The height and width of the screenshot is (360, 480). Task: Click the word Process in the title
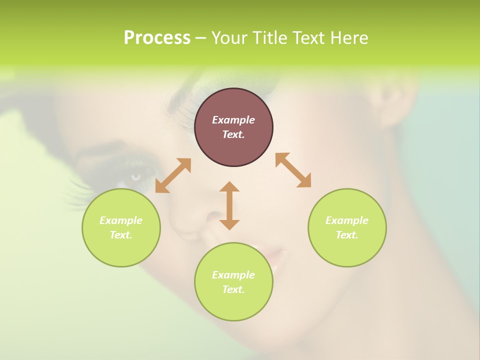[x=157, y=38]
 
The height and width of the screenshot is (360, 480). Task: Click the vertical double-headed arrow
[x=229, y=205]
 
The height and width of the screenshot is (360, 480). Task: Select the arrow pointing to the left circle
[x=173, y=175]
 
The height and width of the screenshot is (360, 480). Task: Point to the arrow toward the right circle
[x=293, y=170]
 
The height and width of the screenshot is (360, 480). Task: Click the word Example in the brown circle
[x=233, y=120]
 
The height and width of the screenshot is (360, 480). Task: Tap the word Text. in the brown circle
[x=233, y=134]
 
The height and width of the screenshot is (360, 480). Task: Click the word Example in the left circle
[x=121, y=220]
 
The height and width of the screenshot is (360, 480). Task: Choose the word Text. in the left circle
[x=121, y=235]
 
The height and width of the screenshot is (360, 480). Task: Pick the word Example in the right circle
[x=347, y=220]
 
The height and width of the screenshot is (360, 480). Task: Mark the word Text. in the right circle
[x=347, y=235]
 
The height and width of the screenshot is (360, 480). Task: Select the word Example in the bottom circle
[x=233, y=275]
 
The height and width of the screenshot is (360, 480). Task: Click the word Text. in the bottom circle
[x=233, y=289]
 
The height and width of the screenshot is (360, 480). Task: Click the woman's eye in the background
[x=138, y=176]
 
